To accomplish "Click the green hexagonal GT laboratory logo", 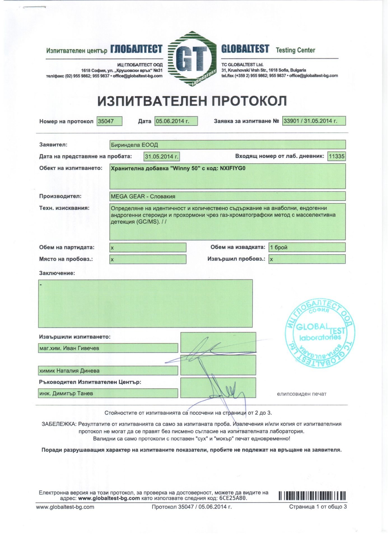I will [192, 59].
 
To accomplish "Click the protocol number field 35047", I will [109, 121].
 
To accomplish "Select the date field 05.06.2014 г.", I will [176, 121].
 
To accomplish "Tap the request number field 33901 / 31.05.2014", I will [314, 121].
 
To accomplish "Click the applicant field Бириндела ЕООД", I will [227, 145].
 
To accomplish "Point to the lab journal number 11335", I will [336, 156].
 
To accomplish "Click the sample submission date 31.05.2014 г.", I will [162, 157].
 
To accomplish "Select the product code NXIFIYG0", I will [232, 168].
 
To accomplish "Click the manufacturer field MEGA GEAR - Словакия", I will [227, 196].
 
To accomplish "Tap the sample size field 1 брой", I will [307, 247].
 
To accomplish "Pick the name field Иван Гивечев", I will [108, 348].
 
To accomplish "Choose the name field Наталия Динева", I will [108, 371].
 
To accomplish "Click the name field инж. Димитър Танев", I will [108, 393].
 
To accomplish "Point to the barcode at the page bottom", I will [312, 495].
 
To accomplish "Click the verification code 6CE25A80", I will [233, 498].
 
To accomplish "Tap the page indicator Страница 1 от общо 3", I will [318, 507].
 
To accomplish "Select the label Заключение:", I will [57, 273].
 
